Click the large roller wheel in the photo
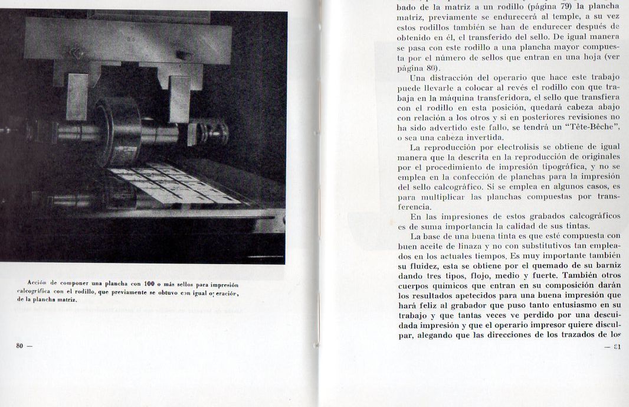click(117, 131)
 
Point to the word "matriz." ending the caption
click(66, 299)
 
